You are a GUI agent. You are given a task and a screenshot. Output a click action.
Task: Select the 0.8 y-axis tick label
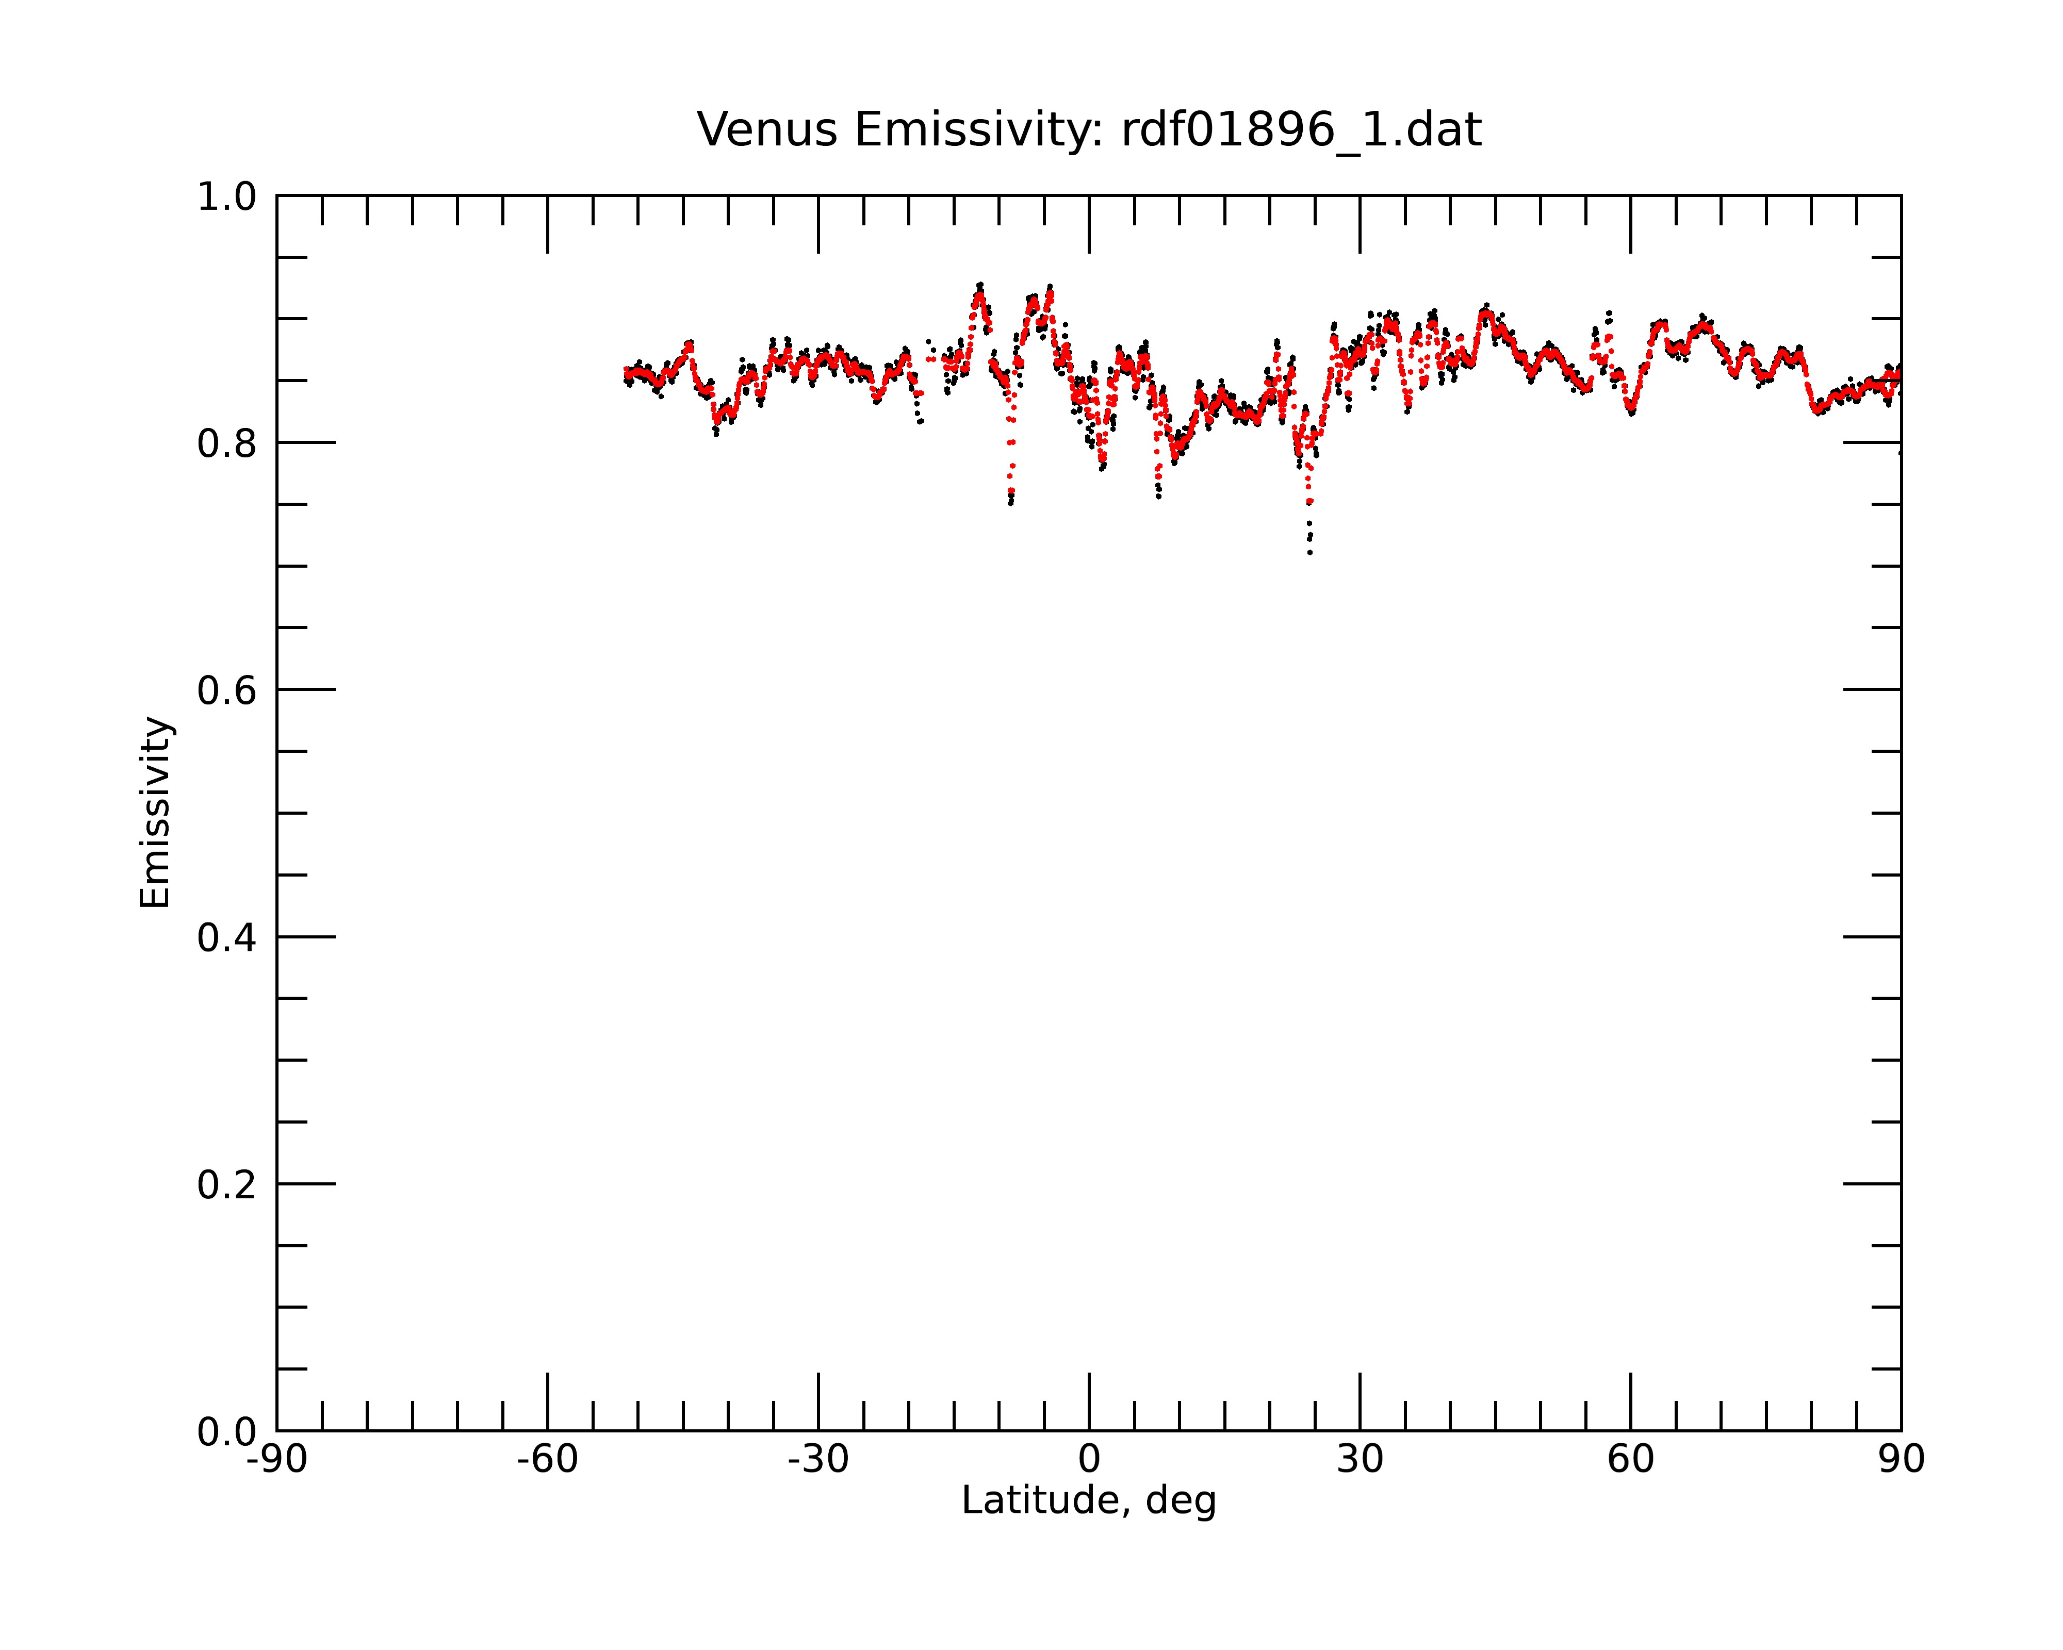click(227, 444)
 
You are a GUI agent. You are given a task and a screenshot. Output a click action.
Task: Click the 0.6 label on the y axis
click(227, 690)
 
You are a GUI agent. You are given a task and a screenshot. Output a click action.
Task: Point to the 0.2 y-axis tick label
click(227, 1185)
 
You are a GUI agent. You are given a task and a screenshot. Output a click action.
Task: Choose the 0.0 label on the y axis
click(227, 1432)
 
